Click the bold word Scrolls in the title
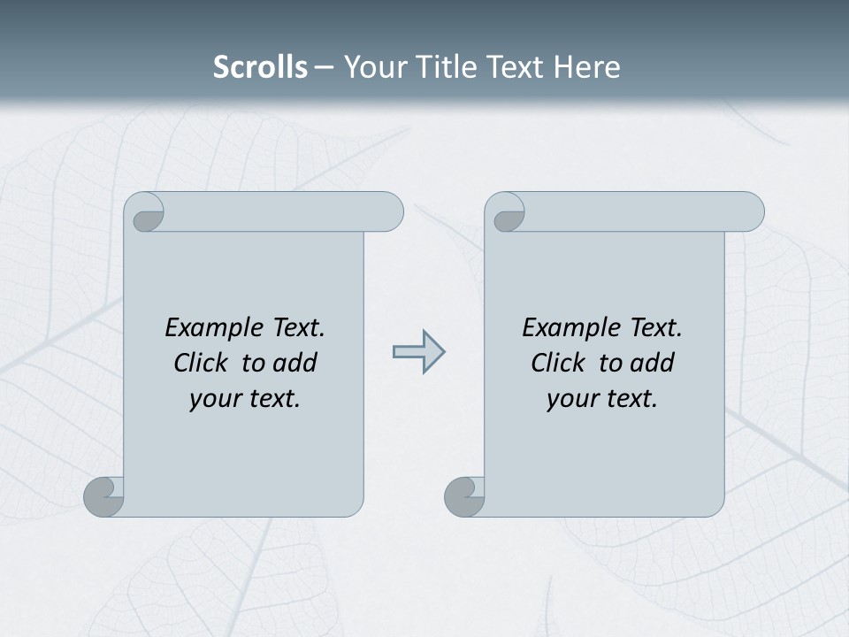tap(260, 67)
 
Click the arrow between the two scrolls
tap(419, 352)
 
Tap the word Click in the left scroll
tap(202, 363)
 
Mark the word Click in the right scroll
tap(558, 363)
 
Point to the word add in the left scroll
tap(294, 363)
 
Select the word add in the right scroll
tap(652, 363)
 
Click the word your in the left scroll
tap(213, 399)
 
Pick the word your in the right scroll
tap(570, 399)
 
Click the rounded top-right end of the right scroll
tap(748, 212)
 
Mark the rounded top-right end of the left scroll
tap(387, 212)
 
